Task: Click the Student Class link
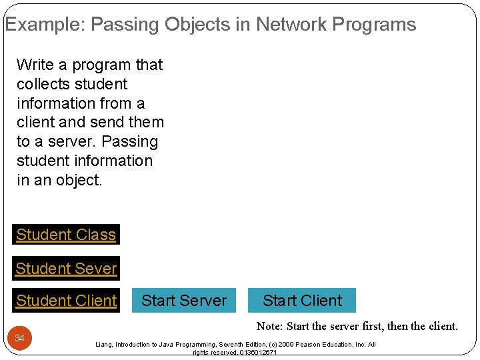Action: pyautogui.click(x=66, y=235)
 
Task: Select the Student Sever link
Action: pyautogui.click(x=66, y=269)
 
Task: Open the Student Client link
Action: pyautogui.click(x=66, y=301)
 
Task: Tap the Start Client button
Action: pyautogui.click(x=302, y=301)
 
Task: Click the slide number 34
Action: pyautogui.click(x=20, y=339)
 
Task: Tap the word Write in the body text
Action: pyautogui.click(x=35, y=65)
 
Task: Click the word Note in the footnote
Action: pyautogui.click(x=269, y=327)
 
